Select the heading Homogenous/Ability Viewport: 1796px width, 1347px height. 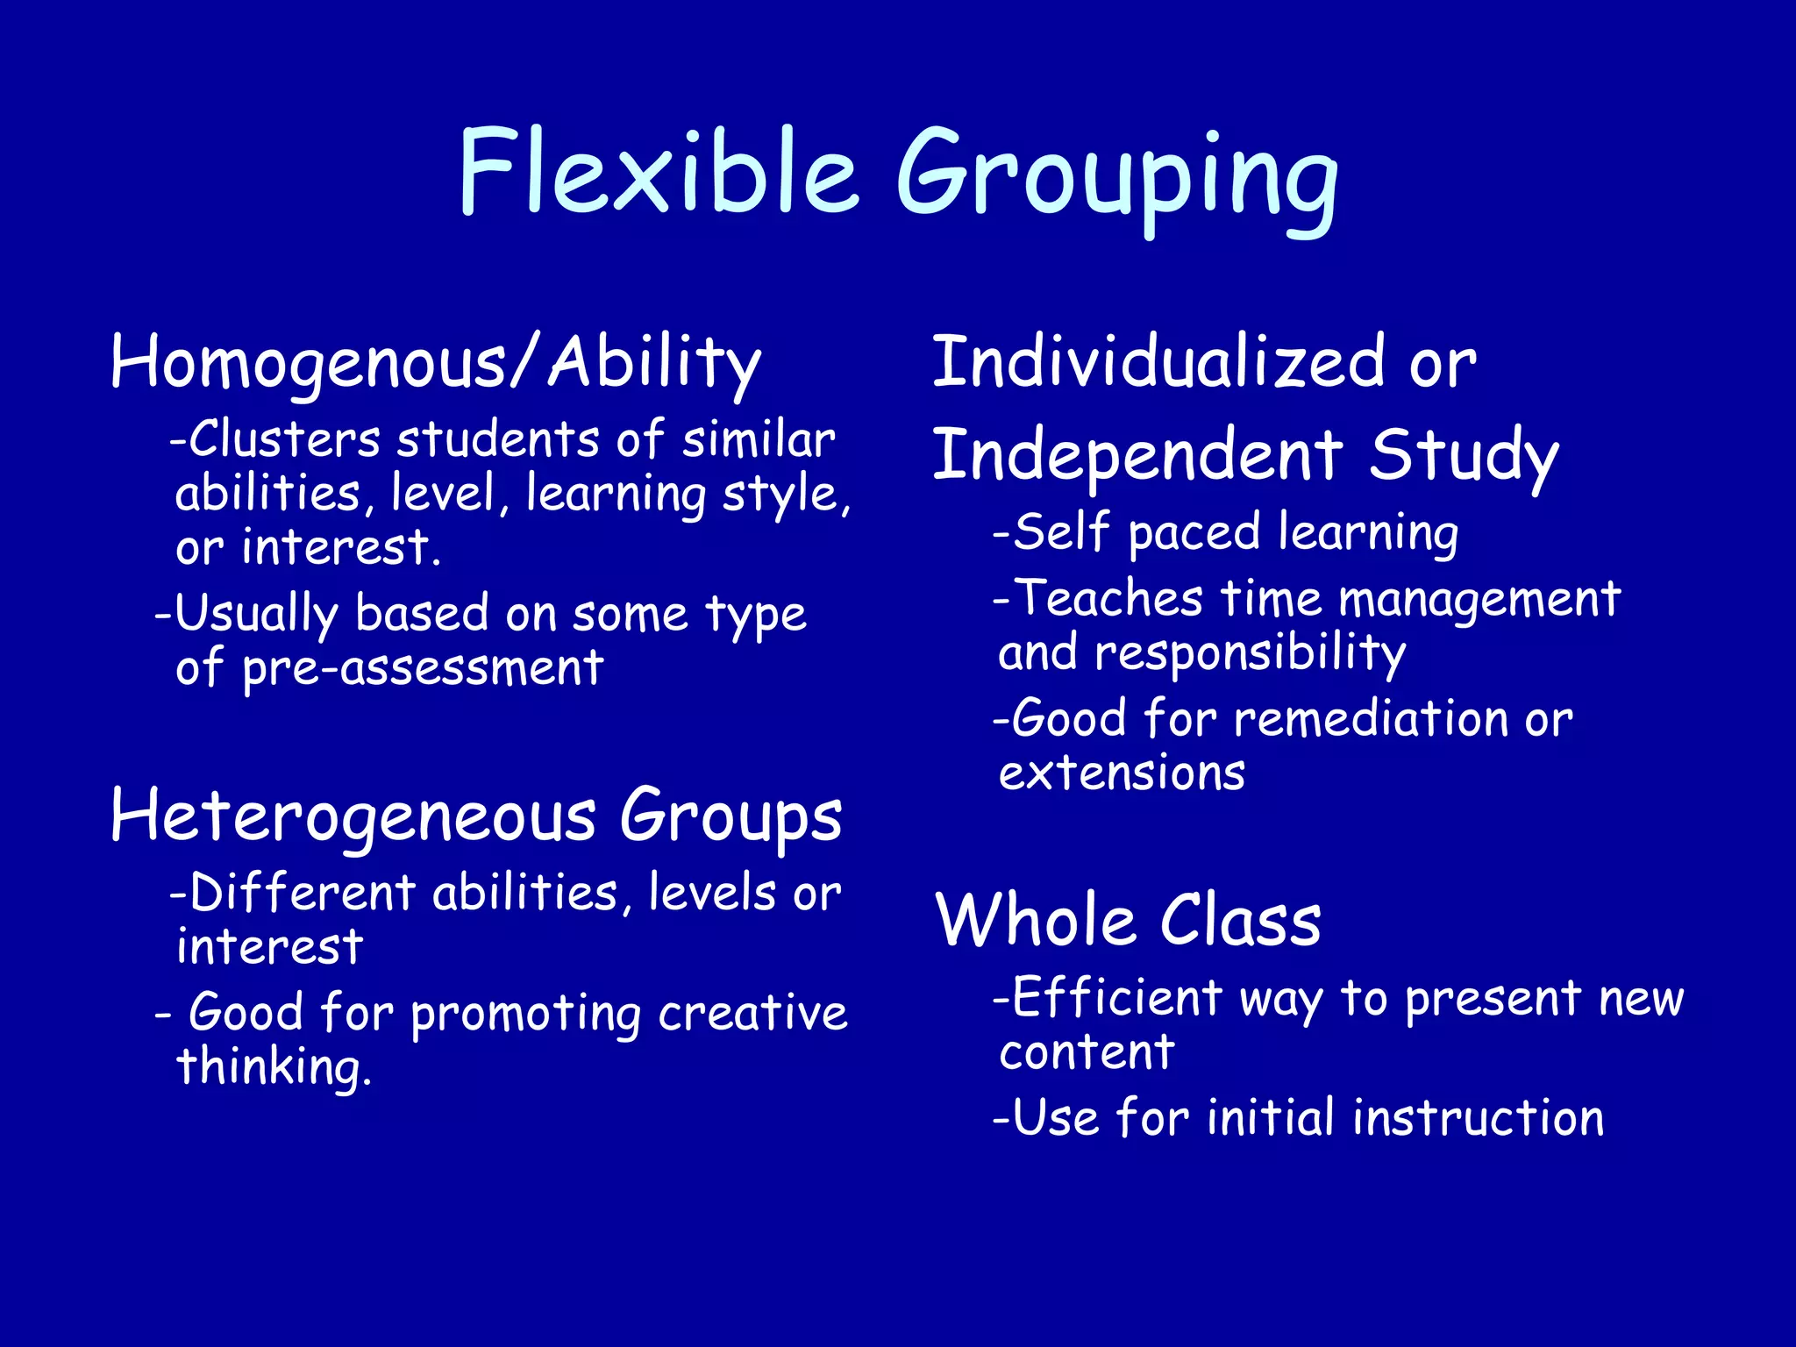click(436, 362)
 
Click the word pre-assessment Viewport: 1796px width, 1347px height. click(423, 669)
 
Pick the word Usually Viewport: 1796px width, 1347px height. click(256, 614)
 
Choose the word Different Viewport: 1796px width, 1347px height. click(303, 894)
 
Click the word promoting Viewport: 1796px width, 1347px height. click(527, 1015)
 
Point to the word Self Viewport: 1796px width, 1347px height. click(1062, 532)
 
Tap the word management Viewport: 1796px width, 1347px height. click(1480, 601)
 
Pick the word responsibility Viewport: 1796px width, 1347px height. click(1251, 654)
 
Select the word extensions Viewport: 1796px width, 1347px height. click(1122, 773)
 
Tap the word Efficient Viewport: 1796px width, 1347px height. click(1116, 998)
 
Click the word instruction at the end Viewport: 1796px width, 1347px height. click(1479, 1119)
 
